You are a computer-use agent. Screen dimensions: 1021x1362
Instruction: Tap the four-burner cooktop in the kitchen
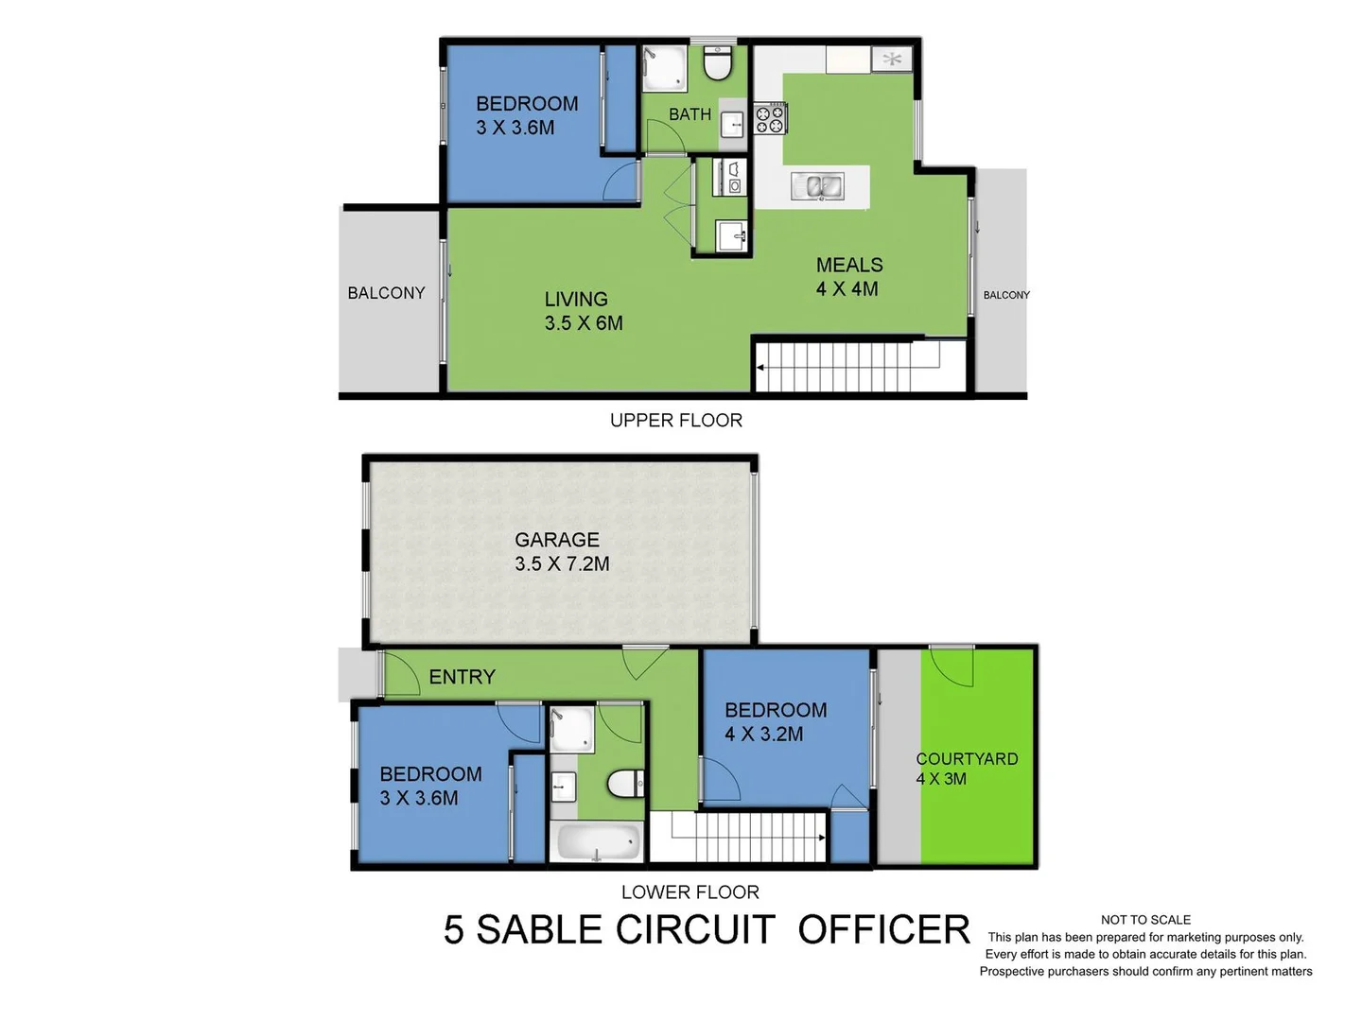pyautogui.click(x=770, y=119)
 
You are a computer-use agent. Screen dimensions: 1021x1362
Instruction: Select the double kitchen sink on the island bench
pyautogui.click(x=817, y=186)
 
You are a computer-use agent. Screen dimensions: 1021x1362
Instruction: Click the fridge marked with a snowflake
pyautogui.click(x=891, y=60)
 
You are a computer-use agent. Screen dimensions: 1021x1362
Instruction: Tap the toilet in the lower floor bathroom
pyautogui.click(x=624, y=783)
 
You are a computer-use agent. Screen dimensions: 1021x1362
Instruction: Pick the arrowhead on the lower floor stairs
pyautogui.click(x=821, y=838)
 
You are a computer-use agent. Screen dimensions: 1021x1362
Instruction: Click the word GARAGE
pyautogui.click(x=556, y=540)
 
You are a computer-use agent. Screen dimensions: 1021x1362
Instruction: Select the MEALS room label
pyautogui.click(x=849, y=266)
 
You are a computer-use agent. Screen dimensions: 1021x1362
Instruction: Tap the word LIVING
pyautogui.click(x=575, y=300)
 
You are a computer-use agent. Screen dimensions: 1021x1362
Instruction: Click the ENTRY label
pyautogui.click(x=462, y=677)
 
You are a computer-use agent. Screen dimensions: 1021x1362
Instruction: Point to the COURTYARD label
pyautogui.click(x=967, y=759)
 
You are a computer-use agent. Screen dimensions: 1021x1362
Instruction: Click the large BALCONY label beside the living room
pyautogui.click(x=386, y=293)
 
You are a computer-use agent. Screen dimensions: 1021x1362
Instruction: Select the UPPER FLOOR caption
pyautogui.click(x=675, y=421)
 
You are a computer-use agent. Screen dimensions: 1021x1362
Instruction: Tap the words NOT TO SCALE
pyautogui.click(x=1145, y=920)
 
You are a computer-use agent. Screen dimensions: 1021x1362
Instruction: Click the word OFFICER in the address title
pyautogui.click(x=883, y=930)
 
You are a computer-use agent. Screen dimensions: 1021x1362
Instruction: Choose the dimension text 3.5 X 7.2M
pyautogui.click(x=562, y=564)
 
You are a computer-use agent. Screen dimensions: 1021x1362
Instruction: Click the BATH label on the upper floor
pyautogui.click(x=690, y=114)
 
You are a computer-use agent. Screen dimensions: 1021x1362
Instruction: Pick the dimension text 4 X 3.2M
pyautogui.click(x=763, y=735)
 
